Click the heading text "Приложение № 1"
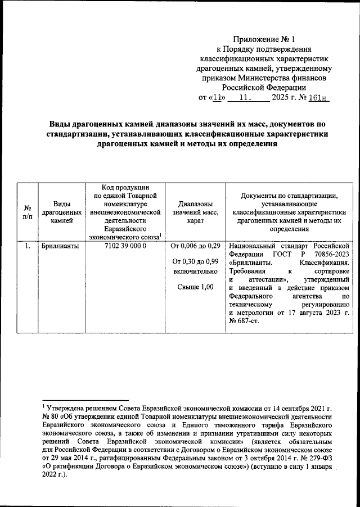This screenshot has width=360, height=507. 264,40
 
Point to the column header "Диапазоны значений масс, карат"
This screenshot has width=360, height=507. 195,212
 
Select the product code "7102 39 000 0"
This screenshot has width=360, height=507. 125,246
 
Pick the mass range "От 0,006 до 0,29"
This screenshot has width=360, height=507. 195,246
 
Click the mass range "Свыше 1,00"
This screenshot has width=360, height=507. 195,287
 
